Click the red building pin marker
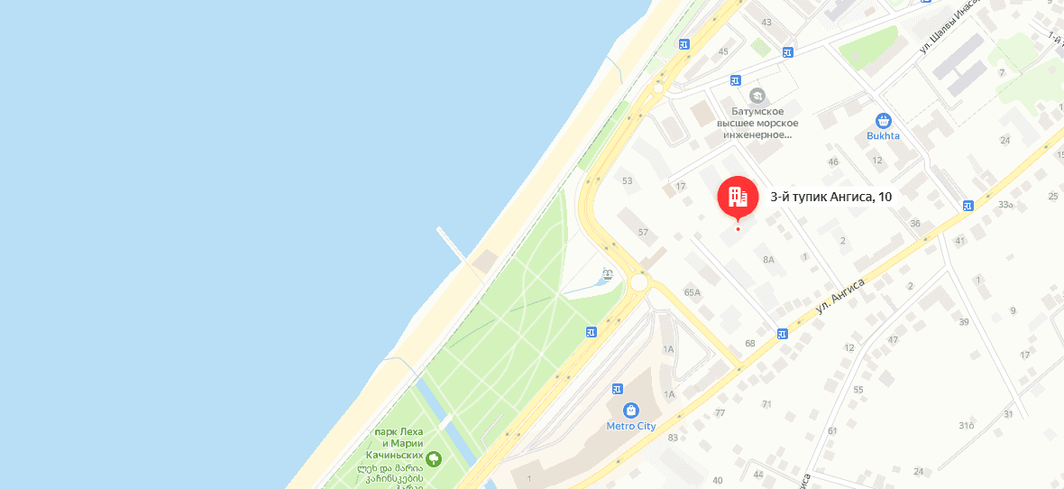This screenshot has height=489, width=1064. [x=738, y=196]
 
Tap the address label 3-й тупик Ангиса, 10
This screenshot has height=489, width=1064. [x=830, y=196]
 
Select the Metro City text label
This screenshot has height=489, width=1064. [x=630, y=426]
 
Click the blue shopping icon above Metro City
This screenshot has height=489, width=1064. [x=630, y=410]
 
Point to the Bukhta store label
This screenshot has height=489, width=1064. [x=883, y=136]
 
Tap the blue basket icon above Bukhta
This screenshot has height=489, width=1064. [x=884, y=120]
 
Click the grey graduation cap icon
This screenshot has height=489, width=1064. [x=757, y=96]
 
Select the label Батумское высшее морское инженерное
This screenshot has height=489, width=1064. [x=757, y=123]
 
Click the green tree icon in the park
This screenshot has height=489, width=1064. [x=435, y=459]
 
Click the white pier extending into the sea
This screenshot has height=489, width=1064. [x=452, y=244]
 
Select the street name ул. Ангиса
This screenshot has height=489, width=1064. [x=840, y=295]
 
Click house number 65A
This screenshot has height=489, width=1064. [x=693, y=292]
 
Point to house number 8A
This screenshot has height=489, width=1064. [x=768, y=260]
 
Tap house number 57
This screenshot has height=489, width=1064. [x=643, y=233]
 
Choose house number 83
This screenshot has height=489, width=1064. [x=673, y=438]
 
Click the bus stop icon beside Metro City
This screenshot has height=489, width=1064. [x=618, y=389]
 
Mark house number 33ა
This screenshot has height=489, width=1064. [x=1006, y=205]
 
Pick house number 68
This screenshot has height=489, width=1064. [x=749, y=343]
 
